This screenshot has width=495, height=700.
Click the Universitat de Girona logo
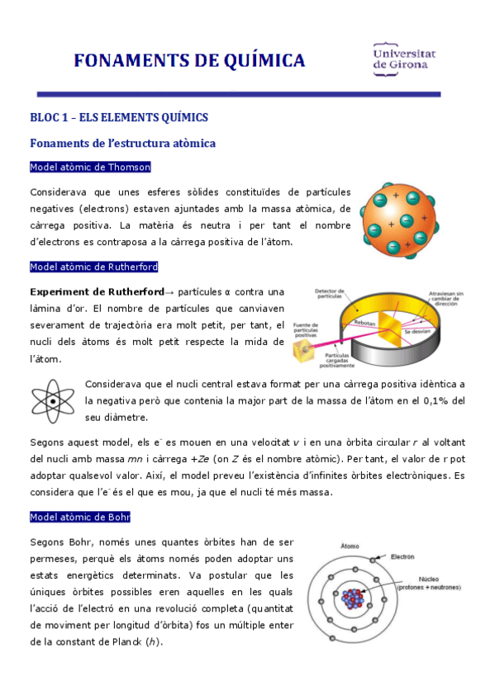[405, 59]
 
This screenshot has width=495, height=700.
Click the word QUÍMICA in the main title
[260, 60]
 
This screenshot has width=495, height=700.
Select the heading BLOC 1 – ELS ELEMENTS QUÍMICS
[118, 117]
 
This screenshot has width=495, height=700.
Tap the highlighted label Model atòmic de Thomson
[90, 167]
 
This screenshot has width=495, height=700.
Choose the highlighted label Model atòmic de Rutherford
[93, 267]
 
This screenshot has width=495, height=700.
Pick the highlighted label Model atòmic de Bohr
[79, 517]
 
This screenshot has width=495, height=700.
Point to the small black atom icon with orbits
[54, 401]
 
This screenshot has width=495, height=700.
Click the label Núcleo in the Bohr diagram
[428, 578]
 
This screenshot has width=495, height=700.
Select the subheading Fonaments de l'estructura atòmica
[122, 143]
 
